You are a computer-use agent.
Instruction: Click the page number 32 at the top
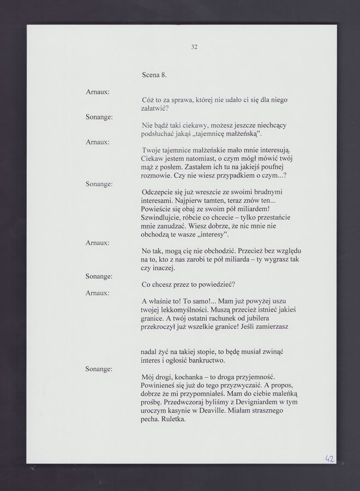pos(194,47)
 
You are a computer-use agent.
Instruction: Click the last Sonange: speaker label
pos(99,369)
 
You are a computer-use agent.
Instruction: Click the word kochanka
pos(191,376)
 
